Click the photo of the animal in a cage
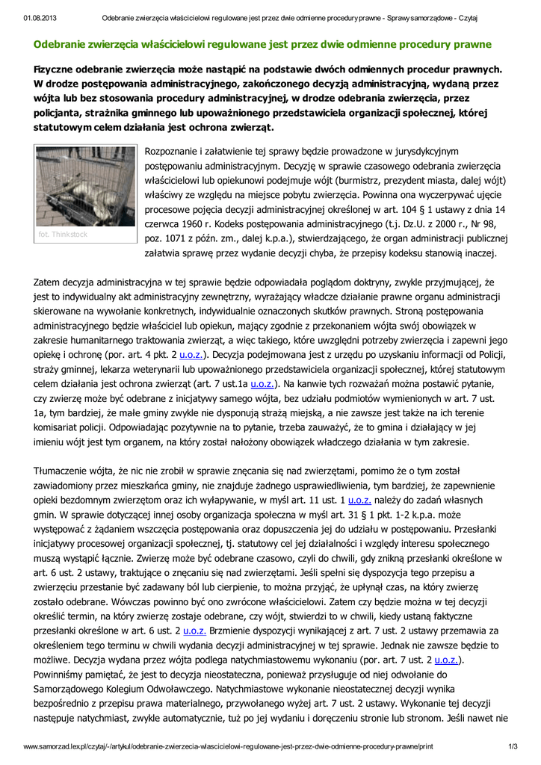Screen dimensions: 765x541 85,186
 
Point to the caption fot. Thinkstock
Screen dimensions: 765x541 63,234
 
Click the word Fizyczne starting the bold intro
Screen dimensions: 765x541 58,69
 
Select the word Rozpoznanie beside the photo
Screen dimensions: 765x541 177,152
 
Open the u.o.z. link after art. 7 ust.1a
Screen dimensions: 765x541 262,384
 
